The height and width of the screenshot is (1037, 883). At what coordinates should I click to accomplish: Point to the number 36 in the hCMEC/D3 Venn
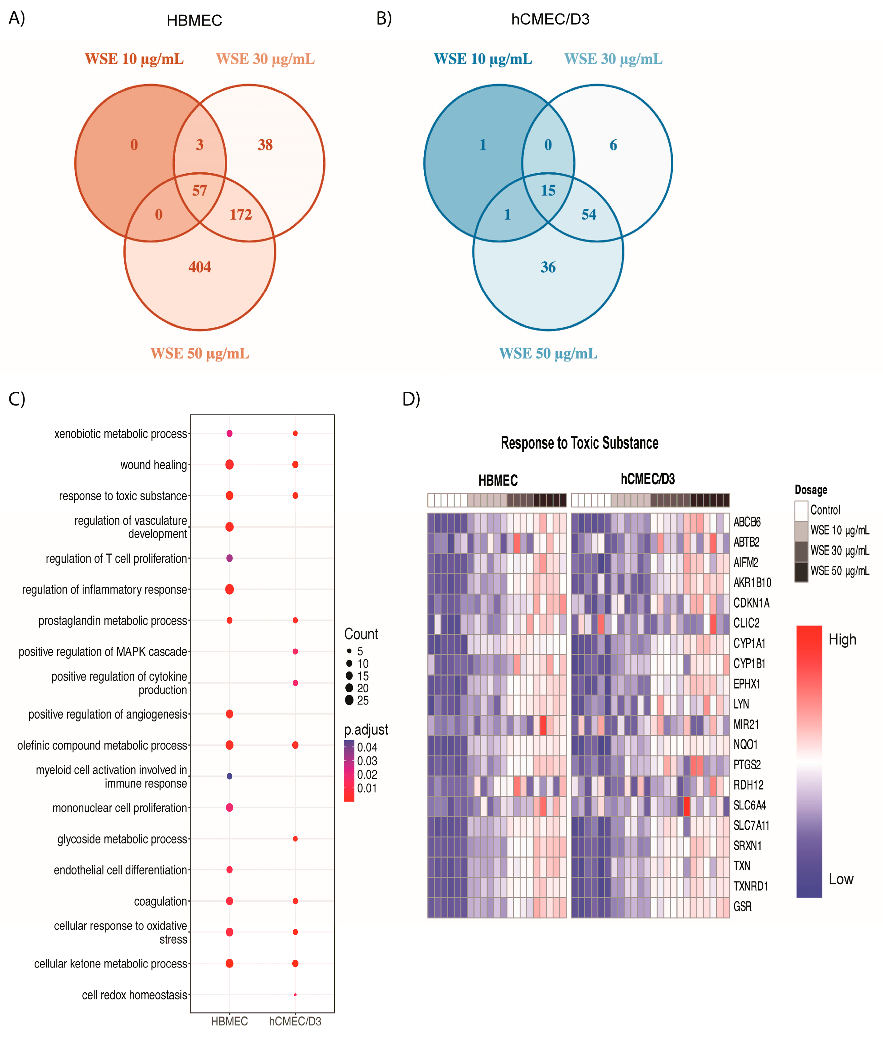(548, 267)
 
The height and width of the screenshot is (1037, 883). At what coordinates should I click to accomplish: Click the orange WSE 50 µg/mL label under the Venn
(199, 353)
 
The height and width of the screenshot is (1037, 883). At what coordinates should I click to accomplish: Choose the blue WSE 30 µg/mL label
(613, 59)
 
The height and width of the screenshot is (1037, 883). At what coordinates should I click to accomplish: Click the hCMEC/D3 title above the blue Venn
(550, 19)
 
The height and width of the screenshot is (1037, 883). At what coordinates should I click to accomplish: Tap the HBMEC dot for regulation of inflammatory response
(229, 590)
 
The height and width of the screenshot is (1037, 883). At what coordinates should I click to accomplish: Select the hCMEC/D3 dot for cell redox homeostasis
(295, 994)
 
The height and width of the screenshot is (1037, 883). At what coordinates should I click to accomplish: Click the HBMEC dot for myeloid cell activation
(229, 776)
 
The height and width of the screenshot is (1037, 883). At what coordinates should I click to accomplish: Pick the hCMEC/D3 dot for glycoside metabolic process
(295, 839)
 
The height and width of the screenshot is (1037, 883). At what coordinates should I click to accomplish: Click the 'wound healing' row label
(153, 465)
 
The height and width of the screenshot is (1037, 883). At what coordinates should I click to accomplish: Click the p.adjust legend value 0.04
(367, 747)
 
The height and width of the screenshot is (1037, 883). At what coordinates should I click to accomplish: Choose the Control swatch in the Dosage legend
(801, 511)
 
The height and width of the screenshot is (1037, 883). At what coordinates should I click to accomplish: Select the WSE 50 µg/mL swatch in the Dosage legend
(801, 571)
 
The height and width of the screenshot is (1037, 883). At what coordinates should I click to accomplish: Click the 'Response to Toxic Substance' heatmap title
(579, 443)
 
